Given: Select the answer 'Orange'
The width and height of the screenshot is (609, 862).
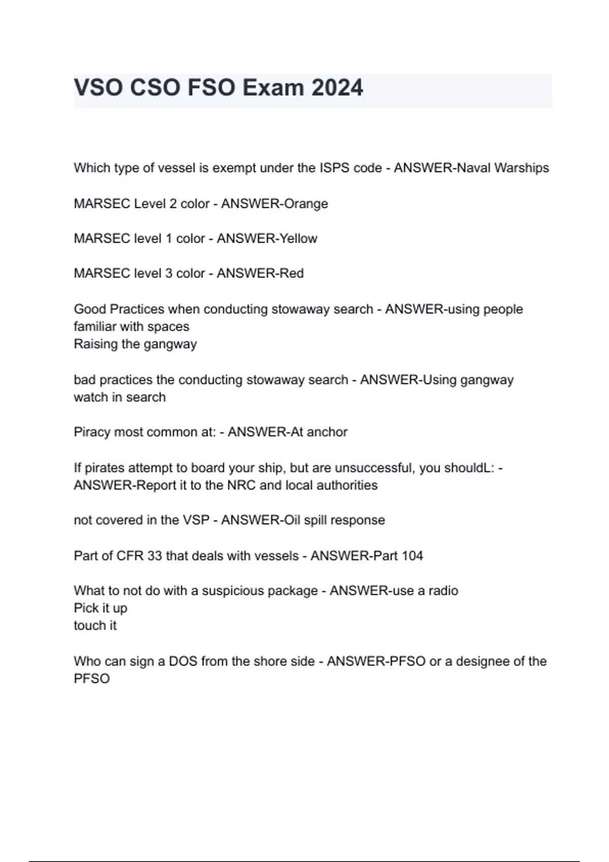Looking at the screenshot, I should tap(306, 204).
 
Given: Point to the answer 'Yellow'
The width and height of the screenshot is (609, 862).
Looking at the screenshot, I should tap(296, 238).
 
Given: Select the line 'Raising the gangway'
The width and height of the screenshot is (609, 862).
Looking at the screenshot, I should tap(135, 344).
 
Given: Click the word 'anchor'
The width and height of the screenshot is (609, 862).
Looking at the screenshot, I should tap(327, 432).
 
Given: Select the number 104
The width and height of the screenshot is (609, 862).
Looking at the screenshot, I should tap(412, 556).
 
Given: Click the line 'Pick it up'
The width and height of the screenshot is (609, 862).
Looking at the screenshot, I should tap(100, 608).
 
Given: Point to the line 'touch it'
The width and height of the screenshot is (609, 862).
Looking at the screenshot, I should tap(95, 626).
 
